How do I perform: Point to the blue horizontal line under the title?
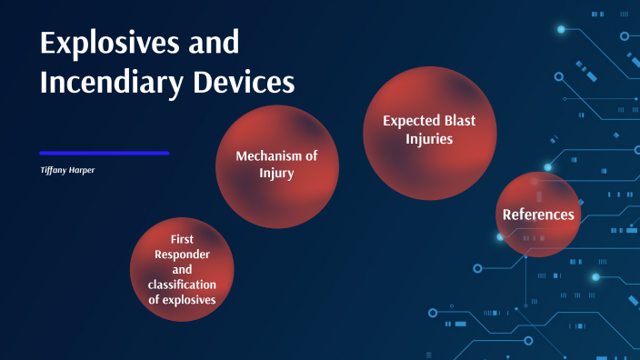coord(105,153)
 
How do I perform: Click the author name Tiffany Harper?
coord(69,170)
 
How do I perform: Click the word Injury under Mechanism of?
coord(276,172)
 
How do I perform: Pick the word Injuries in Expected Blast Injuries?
coord(429,139)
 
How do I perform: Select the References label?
coord(538,215)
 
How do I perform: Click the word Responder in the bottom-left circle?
coord(182,255)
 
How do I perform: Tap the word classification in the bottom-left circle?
coord(182,285)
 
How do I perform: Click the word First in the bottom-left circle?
coord(182,239)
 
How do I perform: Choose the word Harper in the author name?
coord(83,170)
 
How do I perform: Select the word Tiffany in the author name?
coord(54,170)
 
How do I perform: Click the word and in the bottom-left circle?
coord(182,270)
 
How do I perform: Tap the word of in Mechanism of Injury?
coord(310,155)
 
